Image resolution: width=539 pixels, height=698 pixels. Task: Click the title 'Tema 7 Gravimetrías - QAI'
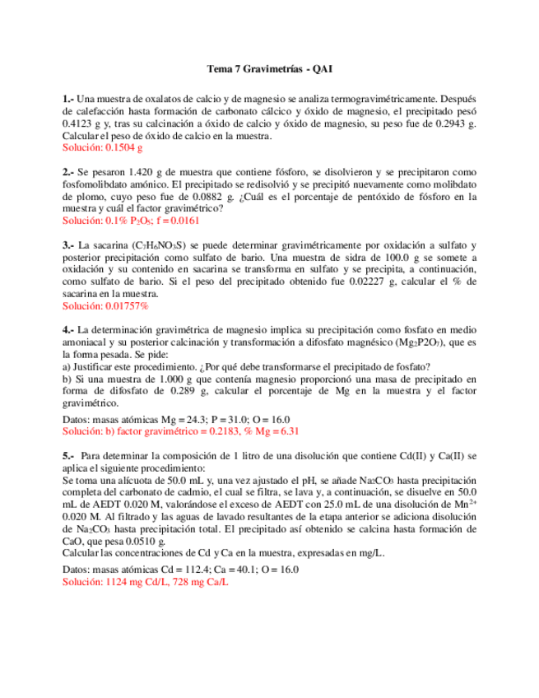point(268,70)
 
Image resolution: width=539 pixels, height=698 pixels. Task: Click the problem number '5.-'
point(68,455)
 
